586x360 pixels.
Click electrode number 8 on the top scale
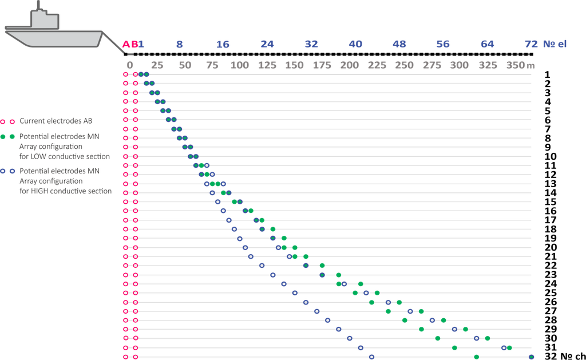point(180,45)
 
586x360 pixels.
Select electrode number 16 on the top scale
point(223,45)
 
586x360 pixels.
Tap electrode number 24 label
point(267,45)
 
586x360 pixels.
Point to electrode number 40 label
point(355,45)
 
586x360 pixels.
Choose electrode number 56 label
point(443,45)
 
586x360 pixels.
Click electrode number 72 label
point(531,45)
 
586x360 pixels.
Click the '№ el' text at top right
point(555,45)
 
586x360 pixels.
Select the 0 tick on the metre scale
point(130,65)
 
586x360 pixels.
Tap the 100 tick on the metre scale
point(239,65)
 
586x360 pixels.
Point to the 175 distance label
point(322,65)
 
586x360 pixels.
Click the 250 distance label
point(405,65)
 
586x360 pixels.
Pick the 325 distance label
point(488,65)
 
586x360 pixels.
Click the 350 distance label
point(515,65)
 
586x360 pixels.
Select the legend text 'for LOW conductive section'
point(65,156)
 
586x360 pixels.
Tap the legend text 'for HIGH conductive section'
point(66,191)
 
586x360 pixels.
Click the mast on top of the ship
point(39,5)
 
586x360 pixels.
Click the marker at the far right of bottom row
point(532,357)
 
